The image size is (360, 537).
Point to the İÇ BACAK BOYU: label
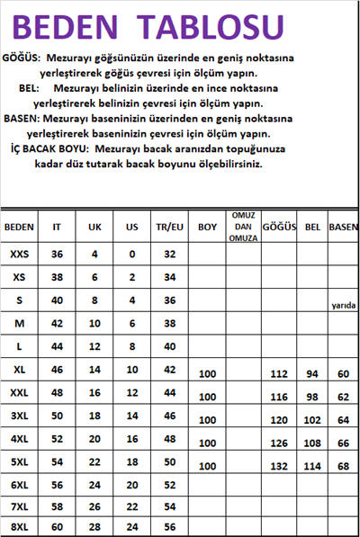49,150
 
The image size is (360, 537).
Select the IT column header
57,228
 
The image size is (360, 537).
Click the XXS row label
19,255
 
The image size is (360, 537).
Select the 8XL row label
19,527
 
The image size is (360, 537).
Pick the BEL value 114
312,466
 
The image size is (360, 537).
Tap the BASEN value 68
342,466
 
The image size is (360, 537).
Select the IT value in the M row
57,322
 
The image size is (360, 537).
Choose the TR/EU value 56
168,527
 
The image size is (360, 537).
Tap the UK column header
94,228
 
